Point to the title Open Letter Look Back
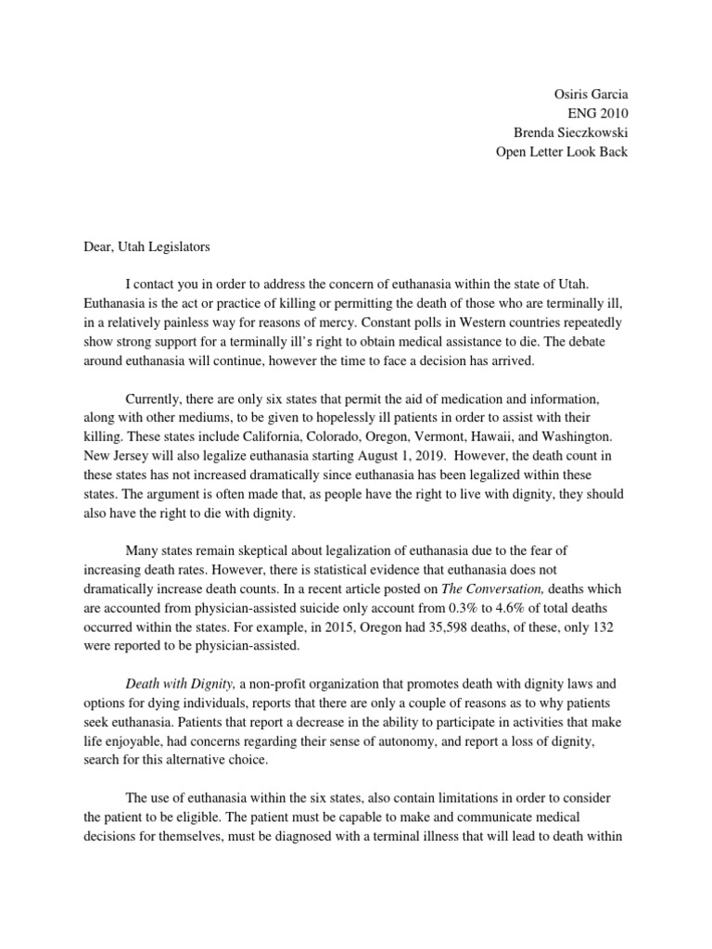[x=562, y=151]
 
